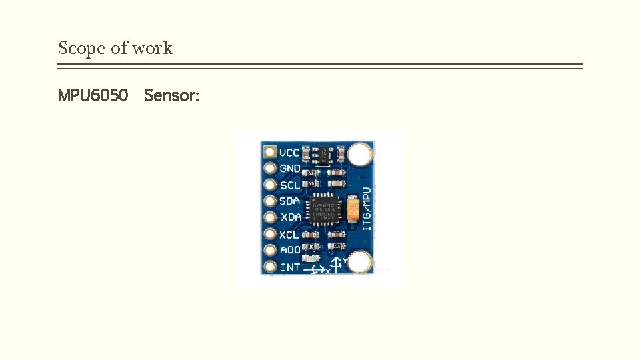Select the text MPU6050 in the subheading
pos(93,95)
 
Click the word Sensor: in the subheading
pos(171,95)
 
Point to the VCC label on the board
pos(289,153)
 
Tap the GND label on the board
pos(289,169)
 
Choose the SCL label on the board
pos(289,185)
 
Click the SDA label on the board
pos(289,201)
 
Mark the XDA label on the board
pos(289,217)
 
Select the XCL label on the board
pos(289,234)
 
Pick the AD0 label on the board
pos(289,250)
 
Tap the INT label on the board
pos(289,267)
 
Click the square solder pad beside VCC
pos(269,153)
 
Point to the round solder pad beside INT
pos(269,267)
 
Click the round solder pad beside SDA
pos(269,201)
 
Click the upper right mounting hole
pos(359,155)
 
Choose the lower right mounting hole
pos(359,263)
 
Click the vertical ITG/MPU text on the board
pos(367,209)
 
